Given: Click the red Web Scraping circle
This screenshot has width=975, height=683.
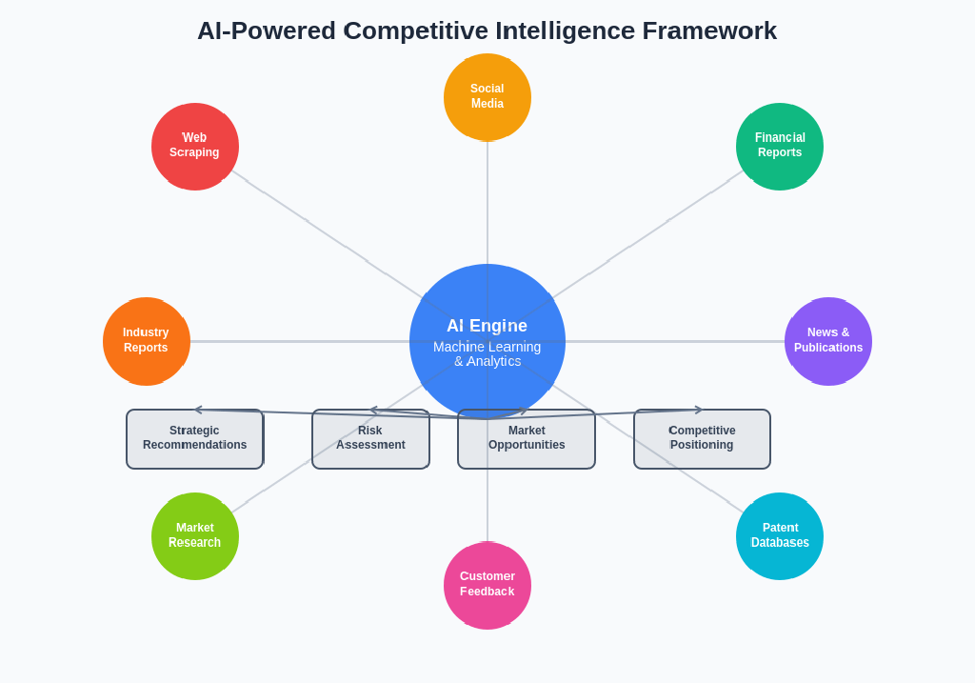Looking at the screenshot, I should click(194, 146).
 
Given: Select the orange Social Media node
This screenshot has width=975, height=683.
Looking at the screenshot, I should click(487, 96).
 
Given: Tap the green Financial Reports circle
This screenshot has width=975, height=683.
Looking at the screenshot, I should click(779, 146).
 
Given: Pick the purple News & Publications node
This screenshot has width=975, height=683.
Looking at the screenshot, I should click(827, 341).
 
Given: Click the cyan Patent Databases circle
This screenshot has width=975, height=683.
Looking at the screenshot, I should click(779, 535).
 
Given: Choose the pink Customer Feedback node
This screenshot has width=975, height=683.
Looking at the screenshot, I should click(487, 585).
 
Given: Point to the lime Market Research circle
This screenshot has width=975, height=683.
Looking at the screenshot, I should click(194, 535).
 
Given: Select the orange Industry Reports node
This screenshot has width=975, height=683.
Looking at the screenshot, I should click(146, 341).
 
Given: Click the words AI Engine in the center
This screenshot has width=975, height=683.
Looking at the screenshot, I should click(487, 326).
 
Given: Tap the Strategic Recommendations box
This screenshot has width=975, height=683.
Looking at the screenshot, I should click(194, 439).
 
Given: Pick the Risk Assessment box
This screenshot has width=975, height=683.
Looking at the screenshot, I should click(370, 439).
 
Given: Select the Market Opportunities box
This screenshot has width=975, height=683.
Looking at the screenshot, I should click(527, 439).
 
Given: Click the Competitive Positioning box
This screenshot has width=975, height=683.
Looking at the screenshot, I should click(702, 439).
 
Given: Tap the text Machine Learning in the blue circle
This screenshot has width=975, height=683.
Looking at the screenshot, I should click(487, 347).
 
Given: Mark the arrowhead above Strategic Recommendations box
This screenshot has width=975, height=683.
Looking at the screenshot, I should click(198, 410).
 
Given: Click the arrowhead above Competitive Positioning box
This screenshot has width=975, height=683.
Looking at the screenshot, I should click(699, 410).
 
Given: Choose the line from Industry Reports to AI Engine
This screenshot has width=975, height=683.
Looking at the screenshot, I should click(300, 341).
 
